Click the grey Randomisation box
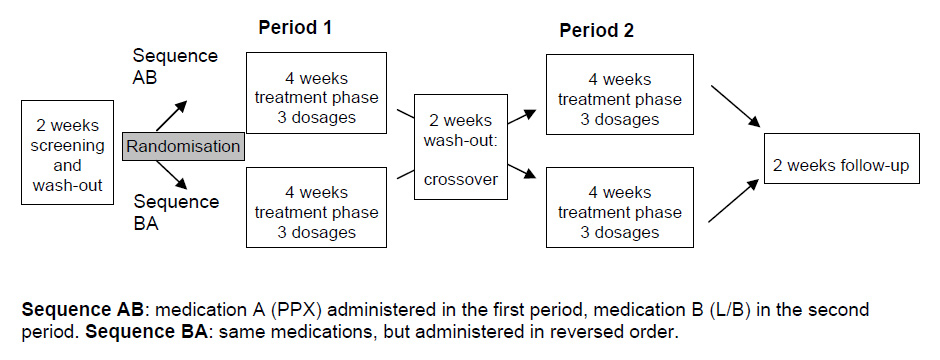point(183,146)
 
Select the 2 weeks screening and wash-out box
point(67,153)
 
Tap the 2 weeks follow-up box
point(841,159)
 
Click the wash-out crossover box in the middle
point(460,147)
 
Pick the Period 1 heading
point(295,28)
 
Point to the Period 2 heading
point(596,31)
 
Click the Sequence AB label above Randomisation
point(175,66)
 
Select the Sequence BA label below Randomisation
point(176,212)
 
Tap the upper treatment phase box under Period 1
point(316,93)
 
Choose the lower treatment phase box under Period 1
point(316,207)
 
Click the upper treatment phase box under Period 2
point(619,95)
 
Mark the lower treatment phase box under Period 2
point(619,207)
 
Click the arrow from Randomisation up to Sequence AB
point(171,115)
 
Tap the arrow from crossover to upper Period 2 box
point(522,117)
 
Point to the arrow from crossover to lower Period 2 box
point(522,171)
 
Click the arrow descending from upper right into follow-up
point(736,106)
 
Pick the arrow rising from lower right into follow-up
point(734,201)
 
